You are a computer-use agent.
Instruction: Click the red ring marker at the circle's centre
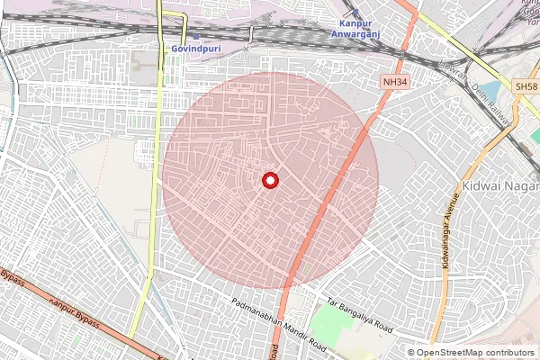[270, 181]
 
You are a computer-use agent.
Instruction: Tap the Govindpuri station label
[192, 49]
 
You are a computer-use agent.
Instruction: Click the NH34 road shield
[392, 81]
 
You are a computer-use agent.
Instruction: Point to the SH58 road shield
[526, 85]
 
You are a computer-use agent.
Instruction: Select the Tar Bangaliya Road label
[360, 316]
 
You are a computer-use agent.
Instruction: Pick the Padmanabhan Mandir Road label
[276, 324]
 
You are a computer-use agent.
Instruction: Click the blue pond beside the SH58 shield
[493, 92]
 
